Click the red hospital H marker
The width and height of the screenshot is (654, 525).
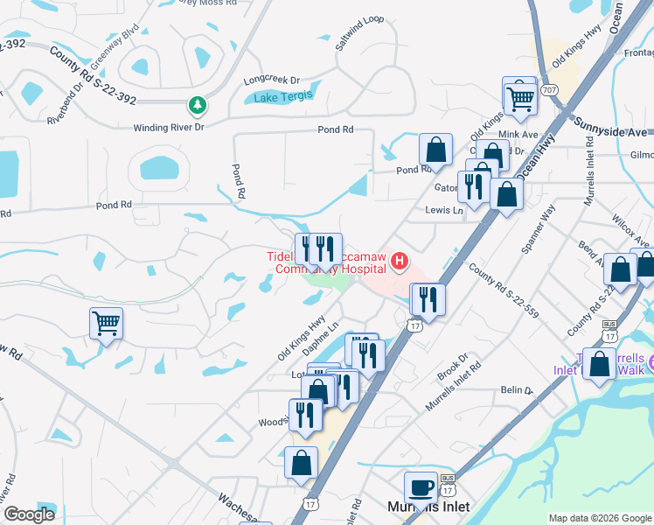coord(400,261)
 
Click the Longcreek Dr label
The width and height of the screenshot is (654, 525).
coord(271,79)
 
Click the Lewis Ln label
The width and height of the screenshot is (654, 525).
coord(444,211)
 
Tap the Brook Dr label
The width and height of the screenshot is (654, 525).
coord(452,368)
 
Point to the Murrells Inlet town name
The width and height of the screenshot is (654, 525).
coord(428,507)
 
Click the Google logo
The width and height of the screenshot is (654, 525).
coord(29,514)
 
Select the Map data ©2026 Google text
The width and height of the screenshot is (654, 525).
coord(599,518)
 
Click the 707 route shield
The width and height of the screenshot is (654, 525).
coord(549,90)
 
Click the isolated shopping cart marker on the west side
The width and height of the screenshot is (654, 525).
coord(106,323)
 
